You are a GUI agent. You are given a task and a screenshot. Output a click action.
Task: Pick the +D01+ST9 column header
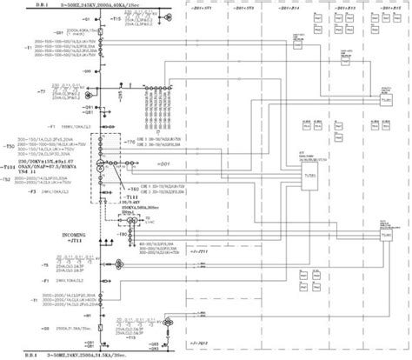(x=246, y=7)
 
